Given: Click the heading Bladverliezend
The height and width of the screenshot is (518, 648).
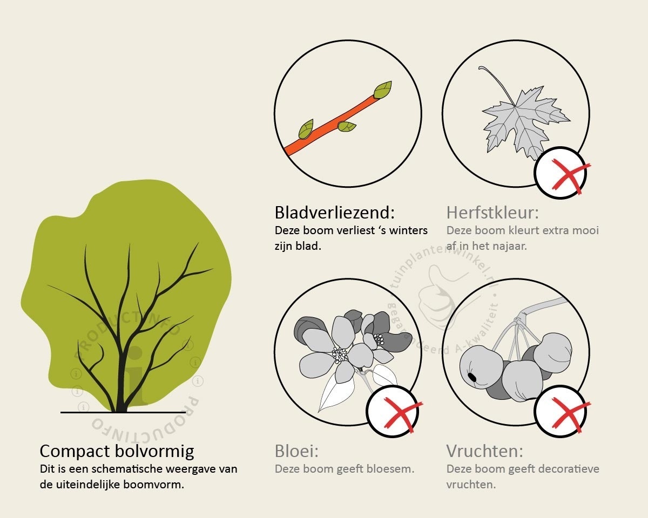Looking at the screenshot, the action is tap(335, 213).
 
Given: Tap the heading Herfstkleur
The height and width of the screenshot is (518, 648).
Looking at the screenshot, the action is tap(492, 213).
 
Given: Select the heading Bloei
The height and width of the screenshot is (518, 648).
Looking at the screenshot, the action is tap(296, 451).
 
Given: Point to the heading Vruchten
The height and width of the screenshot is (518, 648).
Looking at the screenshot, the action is tap(485, 451).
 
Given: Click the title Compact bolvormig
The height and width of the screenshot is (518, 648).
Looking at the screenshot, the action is tap(117, 452).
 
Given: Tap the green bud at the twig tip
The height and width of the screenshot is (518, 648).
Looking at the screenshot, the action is tap(383, 90).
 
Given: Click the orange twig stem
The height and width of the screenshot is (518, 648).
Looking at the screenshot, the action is tap(331, 126).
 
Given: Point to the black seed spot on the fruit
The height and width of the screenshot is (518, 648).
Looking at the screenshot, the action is tap(472, 377).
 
